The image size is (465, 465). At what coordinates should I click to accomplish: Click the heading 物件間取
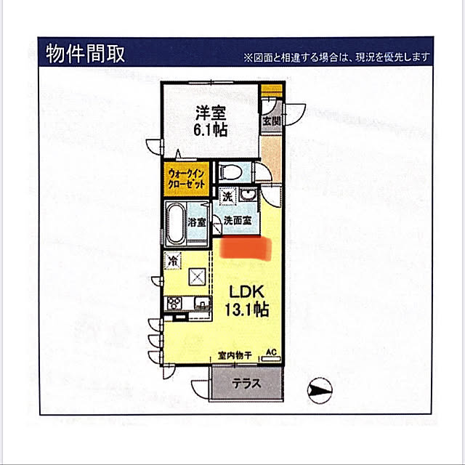[x=86, y=54]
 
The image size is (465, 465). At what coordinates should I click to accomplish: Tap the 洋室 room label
[x=211, y=113]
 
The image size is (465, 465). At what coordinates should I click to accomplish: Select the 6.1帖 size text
[x=211, y=129]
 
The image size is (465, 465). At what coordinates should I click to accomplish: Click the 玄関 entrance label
[x=271, y=121]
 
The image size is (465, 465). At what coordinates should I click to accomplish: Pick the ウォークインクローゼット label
[x=186, y=179]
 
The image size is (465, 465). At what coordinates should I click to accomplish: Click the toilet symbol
[x=230, y=172]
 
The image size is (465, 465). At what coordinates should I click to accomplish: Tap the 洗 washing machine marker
[x=227, y=196]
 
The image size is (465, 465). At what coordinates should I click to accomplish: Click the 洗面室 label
[x=238, y=220]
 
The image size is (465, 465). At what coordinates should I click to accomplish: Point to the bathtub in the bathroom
[x=175, y=223]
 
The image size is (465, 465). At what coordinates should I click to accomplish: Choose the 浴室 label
[x=197, y=222]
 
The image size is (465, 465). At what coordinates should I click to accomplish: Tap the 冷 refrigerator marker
[x=173, y=260]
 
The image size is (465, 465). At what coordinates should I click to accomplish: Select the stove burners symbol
[x=174, y=303]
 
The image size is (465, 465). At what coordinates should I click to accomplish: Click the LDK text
[x=247, y=292]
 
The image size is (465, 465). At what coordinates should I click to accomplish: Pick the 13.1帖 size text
[x=247, y=310]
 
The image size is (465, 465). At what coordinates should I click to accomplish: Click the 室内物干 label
[x=235, y=355]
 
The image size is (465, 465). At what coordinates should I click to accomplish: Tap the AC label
[x=271, y=352]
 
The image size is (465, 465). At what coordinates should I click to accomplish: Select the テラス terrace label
[x=246, y=384]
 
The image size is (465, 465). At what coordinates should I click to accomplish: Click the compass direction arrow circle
[x=320, y=390]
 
